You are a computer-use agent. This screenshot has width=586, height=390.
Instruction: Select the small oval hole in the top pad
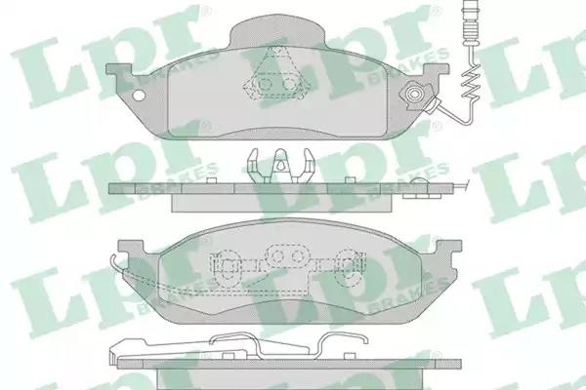[x=139, y=96]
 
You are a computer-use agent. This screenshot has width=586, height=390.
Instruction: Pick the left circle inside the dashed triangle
[x=265, y=85]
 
